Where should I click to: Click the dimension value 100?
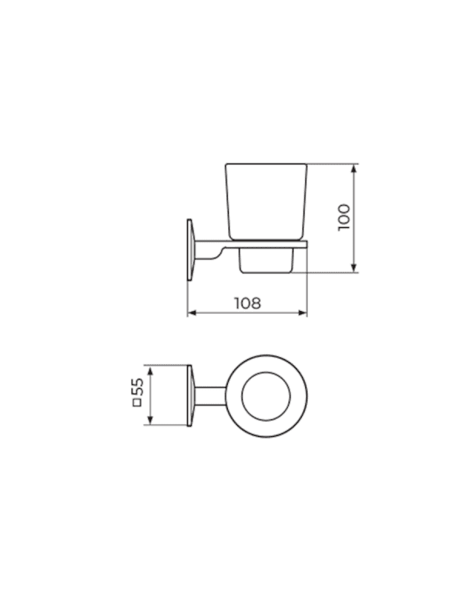pos(343,218)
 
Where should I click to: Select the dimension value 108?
pos(247,303)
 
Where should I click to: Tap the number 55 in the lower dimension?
pos(138,387)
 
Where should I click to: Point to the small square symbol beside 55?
pos(138,402)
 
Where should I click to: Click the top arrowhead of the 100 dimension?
pos(354,169)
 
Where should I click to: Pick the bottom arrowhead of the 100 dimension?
pos(354,267)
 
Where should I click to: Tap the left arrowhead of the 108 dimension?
pos(192,313)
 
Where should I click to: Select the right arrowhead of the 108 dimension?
pos(302,313)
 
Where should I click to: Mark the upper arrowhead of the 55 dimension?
pos(149,370)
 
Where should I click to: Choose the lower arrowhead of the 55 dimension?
pos(149,420)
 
